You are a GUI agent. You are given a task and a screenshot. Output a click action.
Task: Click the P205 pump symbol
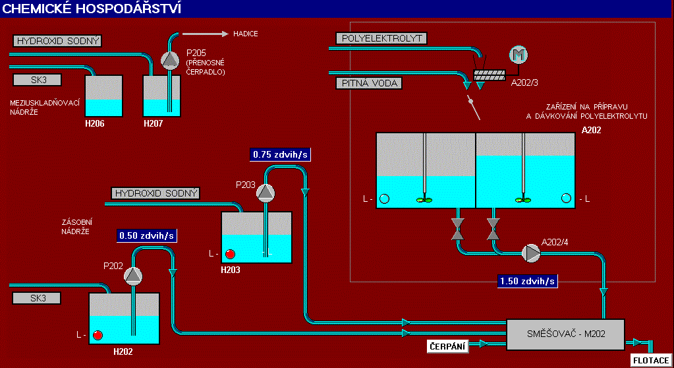[170, 60]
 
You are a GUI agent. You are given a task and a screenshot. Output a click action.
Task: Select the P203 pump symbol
[265, 193]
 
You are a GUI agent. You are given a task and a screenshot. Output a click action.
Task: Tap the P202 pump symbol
[133, 275]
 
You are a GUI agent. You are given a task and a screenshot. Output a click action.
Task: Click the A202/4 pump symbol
[530, 253]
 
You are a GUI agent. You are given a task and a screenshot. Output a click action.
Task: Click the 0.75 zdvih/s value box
[280, 155]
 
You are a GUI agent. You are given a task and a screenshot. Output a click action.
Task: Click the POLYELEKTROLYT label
[381, 38]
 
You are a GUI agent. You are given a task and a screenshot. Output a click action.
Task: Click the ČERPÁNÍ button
[449, 346]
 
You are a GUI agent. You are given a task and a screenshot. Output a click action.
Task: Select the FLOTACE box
[651, 360]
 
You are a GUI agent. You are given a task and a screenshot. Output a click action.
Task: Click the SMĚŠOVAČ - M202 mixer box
[565, 335]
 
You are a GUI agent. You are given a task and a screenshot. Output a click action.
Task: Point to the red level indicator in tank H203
[230, 254]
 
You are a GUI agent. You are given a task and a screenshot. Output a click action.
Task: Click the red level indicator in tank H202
[98, 335]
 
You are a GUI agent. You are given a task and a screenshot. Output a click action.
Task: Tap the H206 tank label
[95, 123]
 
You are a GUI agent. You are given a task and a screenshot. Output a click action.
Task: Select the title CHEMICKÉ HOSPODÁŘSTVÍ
[93, 9]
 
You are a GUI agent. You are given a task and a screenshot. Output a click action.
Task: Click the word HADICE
[246, 34]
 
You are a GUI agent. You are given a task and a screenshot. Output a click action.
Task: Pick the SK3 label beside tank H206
[36, 80]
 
